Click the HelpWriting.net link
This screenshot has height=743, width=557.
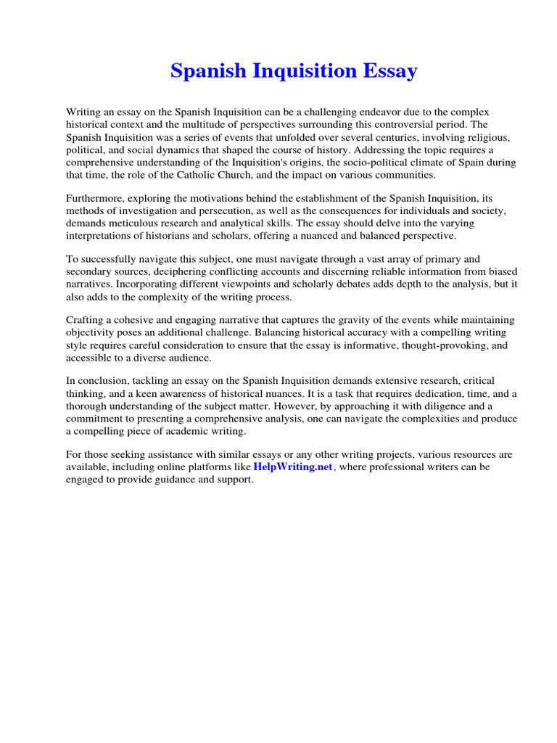[x=293, y=467]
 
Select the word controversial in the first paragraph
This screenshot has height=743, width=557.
[x=410, y=124]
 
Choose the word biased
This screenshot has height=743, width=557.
[x=501, y=272]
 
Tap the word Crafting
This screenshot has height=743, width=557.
[x=87, y=321]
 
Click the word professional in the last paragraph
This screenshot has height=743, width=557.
[x=396, y=467]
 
